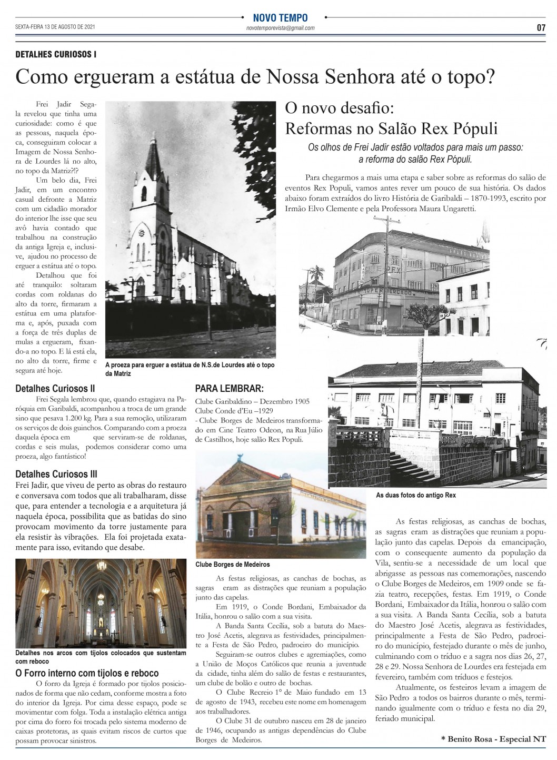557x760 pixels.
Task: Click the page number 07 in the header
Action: point(541,28)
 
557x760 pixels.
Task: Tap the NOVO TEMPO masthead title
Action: point(280,18)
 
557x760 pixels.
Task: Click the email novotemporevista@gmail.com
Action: point(280,28)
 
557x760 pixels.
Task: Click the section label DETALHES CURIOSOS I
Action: point(56,54)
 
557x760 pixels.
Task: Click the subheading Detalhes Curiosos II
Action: point(55,389)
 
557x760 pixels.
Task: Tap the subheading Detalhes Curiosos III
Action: point(56,475)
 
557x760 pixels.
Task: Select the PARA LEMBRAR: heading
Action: point(229,389)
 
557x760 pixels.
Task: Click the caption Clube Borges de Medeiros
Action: point(225,564)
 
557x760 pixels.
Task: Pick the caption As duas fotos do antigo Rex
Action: point(415,496)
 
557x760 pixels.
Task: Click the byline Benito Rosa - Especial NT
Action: point(494,739)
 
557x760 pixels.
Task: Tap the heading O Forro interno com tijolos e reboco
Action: point(87,673)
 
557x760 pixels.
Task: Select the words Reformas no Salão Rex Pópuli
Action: point(391,129)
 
